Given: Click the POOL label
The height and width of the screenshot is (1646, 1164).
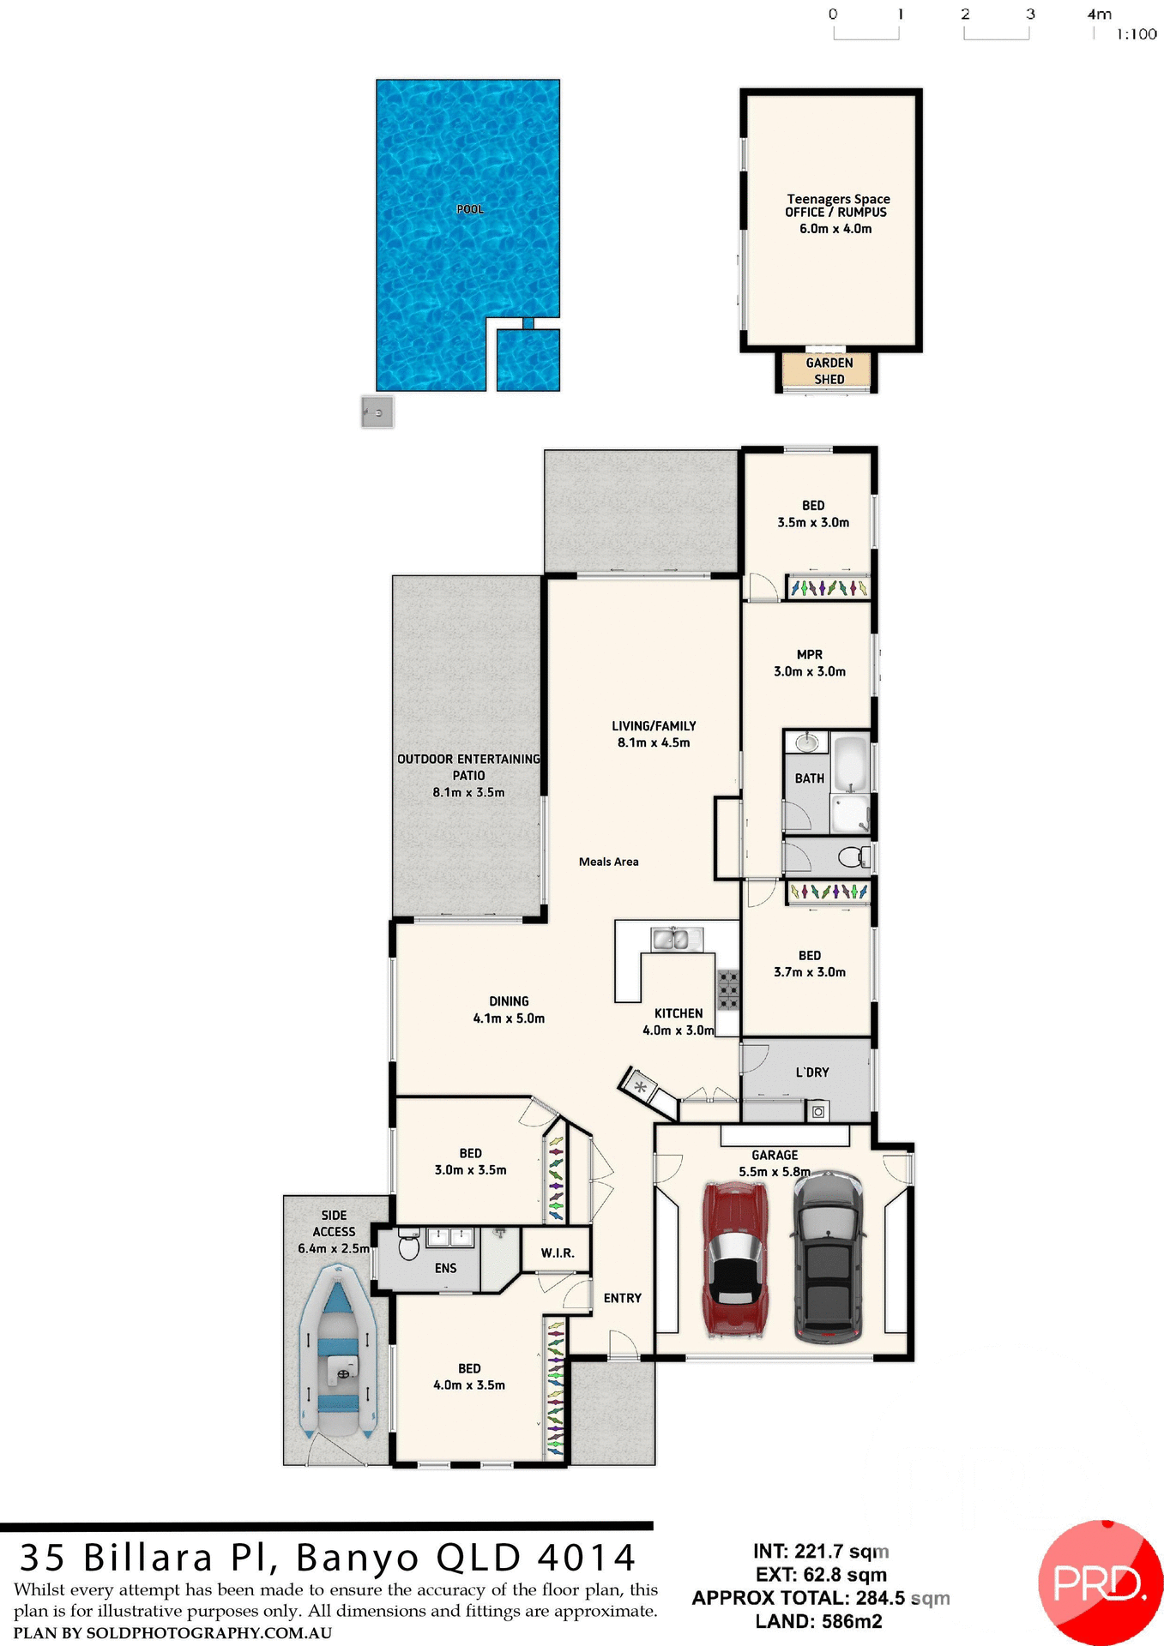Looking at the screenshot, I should coord(470,209).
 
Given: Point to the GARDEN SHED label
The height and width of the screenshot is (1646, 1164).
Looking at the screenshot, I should coord(829,371).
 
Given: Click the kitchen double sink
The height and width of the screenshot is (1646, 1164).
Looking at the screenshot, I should coord(671,940).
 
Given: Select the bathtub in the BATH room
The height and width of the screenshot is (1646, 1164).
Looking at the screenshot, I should coord(852,764).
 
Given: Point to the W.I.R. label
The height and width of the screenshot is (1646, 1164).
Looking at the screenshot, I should coord(558,1253).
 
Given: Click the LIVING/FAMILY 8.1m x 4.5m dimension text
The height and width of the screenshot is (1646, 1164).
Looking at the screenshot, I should coord(654,742).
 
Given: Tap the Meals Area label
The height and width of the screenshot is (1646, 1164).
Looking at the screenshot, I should coord(608,862).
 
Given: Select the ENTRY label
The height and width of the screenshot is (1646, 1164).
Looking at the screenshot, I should coord(622,1298).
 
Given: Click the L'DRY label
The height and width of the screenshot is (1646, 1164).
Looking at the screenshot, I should coord(811,1072).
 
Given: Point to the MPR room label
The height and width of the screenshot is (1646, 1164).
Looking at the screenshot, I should coord(810,654).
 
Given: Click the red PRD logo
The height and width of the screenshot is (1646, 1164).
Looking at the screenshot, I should coord(1099,1583).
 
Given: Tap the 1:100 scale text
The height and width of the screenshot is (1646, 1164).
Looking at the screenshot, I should coord(1136,34).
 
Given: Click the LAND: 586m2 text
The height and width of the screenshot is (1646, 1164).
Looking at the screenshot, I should coord(818,1621).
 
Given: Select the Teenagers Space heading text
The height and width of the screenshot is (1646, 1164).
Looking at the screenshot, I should coord(838,199).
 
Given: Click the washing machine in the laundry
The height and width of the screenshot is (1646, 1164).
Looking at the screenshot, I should coord(817,1112).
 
